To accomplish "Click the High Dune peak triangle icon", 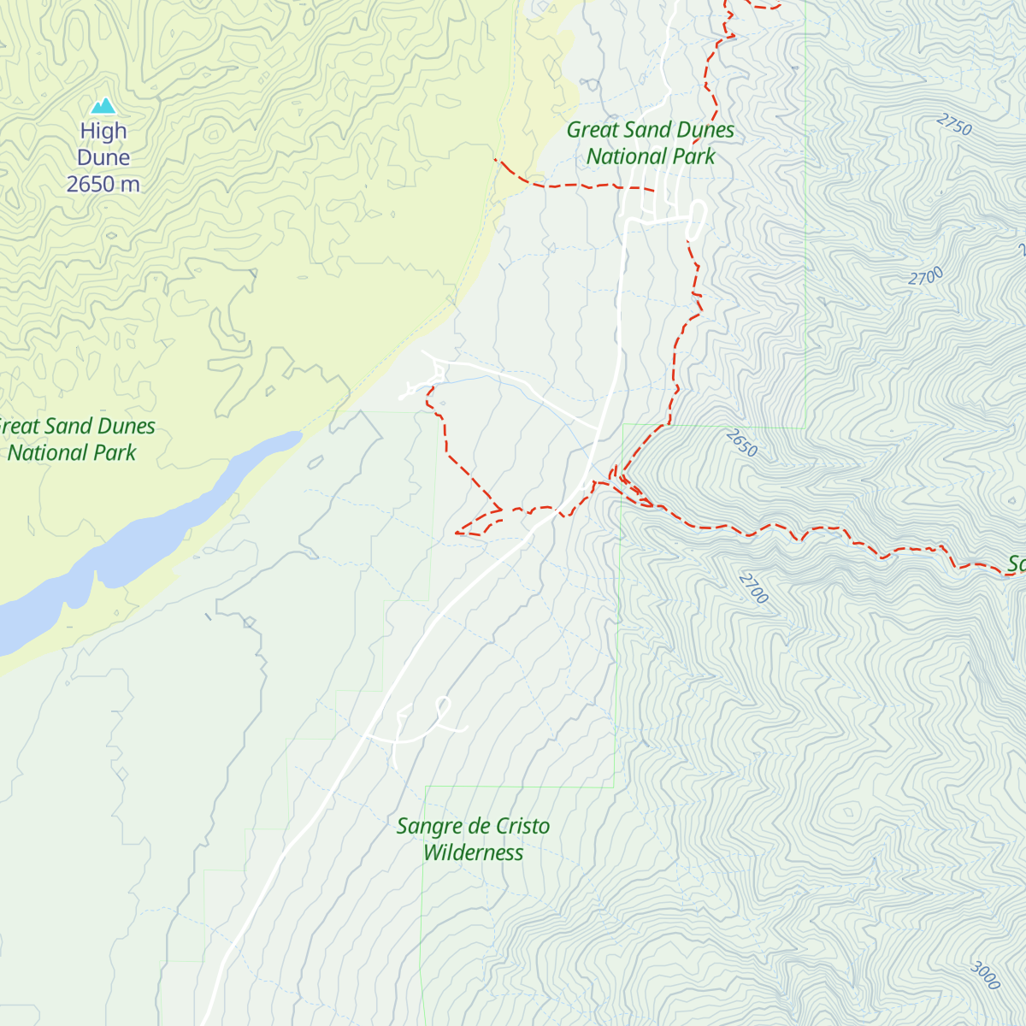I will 103,106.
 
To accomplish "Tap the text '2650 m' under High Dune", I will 103,184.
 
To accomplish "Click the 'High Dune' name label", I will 103,144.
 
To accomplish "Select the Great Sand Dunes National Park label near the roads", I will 651,143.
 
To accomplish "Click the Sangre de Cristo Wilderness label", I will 473,839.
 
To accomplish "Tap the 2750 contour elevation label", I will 954,125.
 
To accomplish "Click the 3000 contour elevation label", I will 985,975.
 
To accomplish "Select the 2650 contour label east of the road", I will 741,443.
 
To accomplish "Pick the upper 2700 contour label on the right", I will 926,277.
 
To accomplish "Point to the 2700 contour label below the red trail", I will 753,588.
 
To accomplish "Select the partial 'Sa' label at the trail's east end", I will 1015,564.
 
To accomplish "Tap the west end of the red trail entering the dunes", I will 497,160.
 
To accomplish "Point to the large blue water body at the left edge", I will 26,620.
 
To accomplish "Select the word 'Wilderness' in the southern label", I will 473,852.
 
